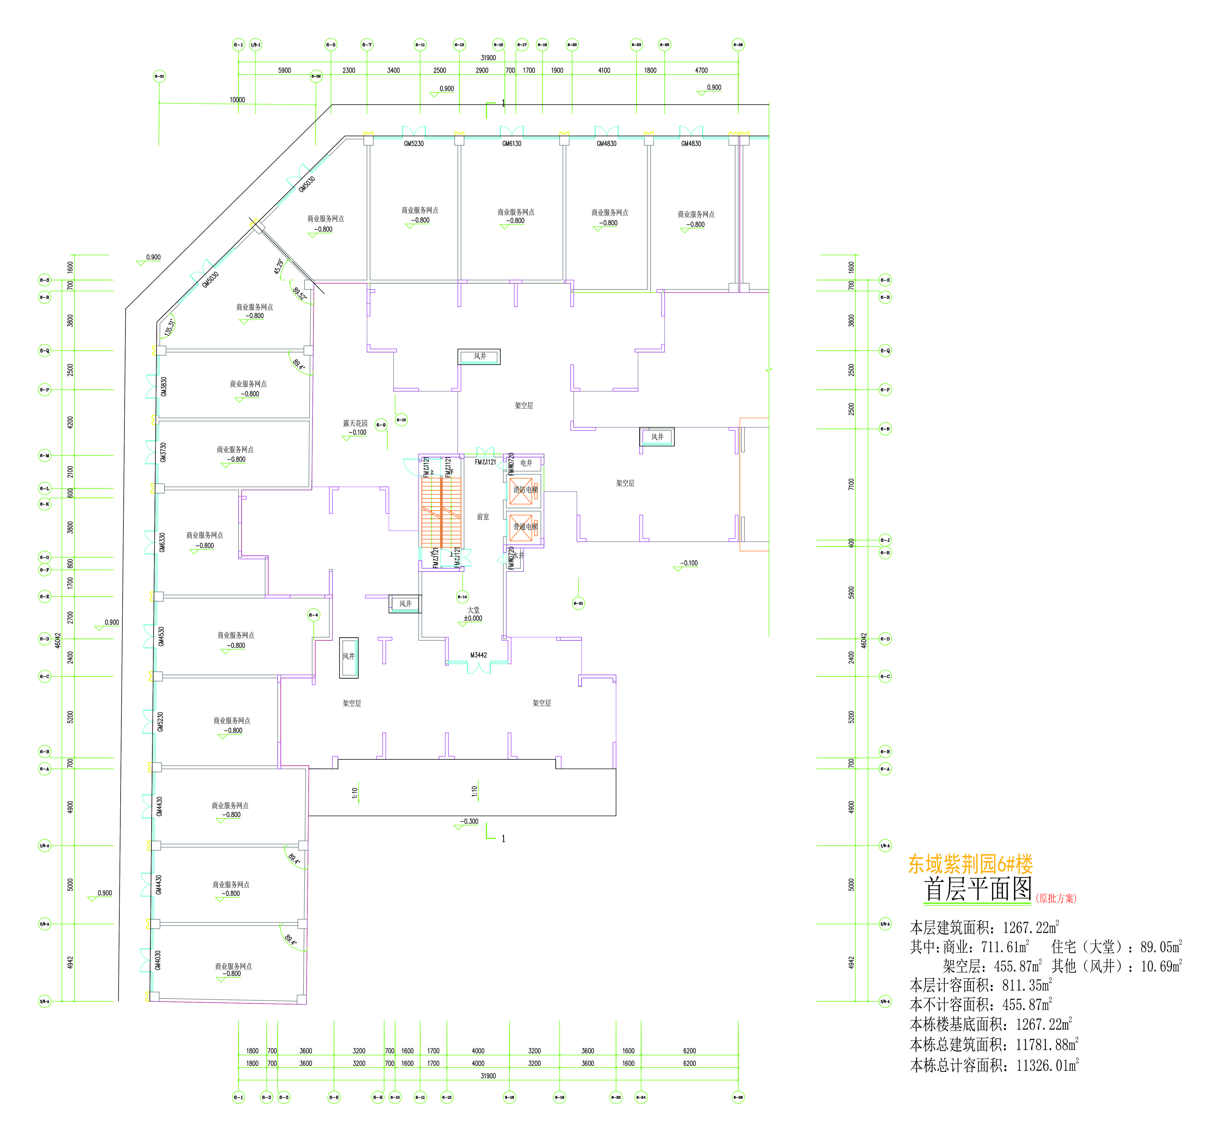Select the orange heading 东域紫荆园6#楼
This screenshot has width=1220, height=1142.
(970, 864)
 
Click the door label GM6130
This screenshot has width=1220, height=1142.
(512, 144)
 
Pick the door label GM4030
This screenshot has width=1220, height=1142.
(158, 960)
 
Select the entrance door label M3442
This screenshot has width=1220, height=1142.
(479, 655)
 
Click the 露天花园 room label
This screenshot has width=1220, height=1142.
(355, 423)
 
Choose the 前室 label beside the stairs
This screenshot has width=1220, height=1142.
(483, 517)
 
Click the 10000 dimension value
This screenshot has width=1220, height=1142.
(237, 99)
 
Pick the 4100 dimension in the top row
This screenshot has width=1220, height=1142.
(604, 71)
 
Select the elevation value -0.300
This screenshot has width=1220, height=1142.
(469, 821)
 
